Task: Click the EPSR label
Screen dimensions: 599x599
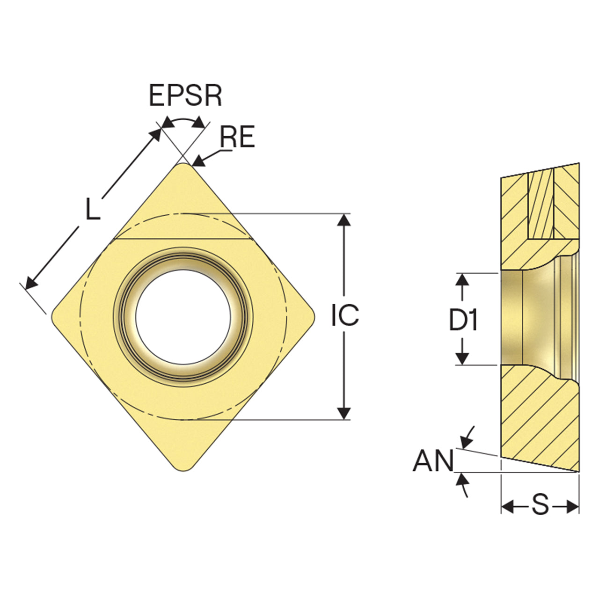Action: point(186,95)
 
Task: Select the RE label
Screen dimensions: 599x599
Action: point(238,137)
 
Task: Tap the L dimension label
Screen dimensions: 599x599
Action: point(93,209)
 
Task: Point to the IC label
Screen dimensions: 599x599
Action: point(345,315)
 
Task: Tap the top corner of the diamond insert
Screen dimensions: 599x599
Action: point(184,164)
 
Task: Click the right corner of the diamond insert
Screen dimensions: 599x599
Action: point(314,317)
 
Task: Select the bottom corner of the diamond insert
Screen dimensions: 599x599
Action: point(184,471)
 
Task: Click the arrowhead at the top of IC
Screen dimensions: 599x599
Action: point(344,219)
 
